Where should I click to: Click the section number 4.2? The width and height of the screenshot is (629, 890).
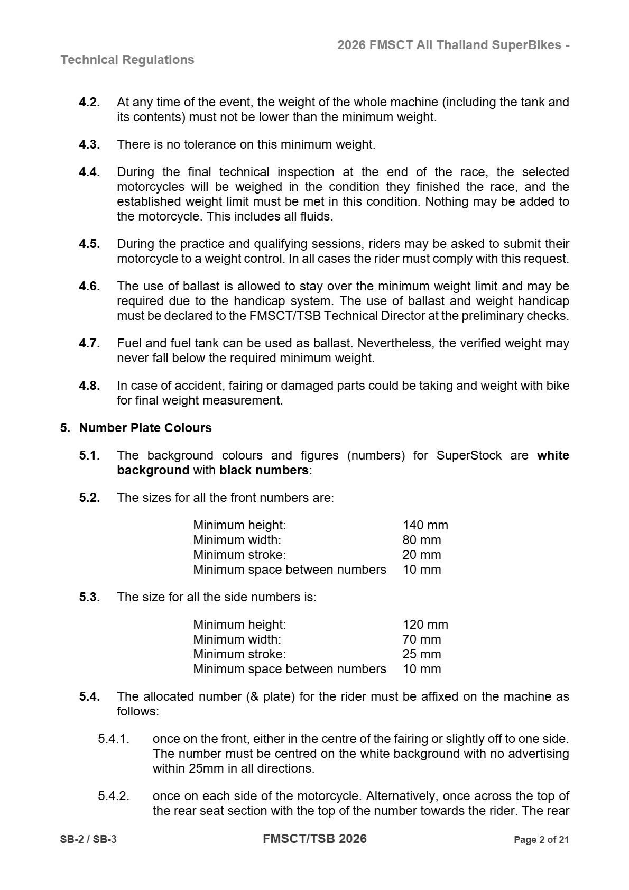[89, 102]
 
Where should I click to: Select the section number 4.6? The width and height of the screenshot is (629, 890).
[89, 286]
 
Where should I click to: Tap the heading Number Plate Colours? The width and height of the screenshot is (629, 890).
[145, 428]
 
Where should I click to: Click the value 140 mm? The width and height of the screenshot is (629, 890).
[425, 525]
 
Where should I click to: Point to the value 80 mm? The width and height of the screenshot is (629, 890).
[421, 540]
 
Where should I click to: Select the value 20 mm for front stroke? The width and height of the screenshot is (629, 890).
[421, 555]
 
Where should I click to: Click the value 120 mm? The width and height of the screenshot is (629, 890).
[425, 625]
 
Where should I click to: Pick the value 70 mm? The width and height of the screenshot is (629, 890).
[421, 639]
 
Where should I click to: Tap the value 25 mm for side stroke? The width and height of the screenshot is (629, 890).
[421, 654]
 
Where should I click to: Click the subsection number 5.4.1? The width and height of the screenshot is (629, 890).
[113, 739]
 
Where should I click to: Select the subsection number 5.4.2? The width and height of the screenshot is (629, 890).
[113, 796]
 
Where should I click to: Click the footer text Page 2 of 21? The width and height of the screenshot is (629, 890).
[541, 840]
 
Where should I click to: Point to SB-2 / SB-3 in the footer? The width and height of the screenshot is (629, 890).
[88, 840]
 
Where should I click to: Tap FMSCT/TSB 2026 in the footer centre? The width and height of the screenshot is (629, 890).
[314, 839]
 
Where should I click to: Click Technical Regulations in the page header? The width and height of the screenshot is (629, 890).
[127, 60]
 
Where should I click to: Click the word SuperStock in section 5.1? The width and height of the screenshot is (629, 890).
[469, 455]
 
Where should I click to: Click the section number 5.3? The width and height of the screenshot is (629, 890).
[89, 597]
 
